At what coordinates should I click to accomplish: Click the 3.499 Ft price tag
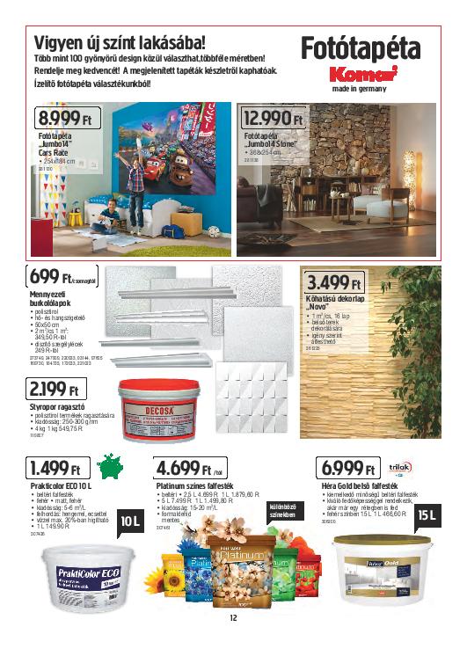(334, 283)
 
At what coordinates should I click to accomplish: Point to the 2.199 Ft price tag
(55, 389)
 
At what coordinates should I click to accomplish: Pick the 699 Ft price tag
(61, 279)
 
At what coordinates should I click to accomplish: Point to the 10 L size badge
(129, 522)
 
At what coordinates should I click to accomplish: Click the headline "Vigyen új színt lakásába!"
(120, 41)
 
